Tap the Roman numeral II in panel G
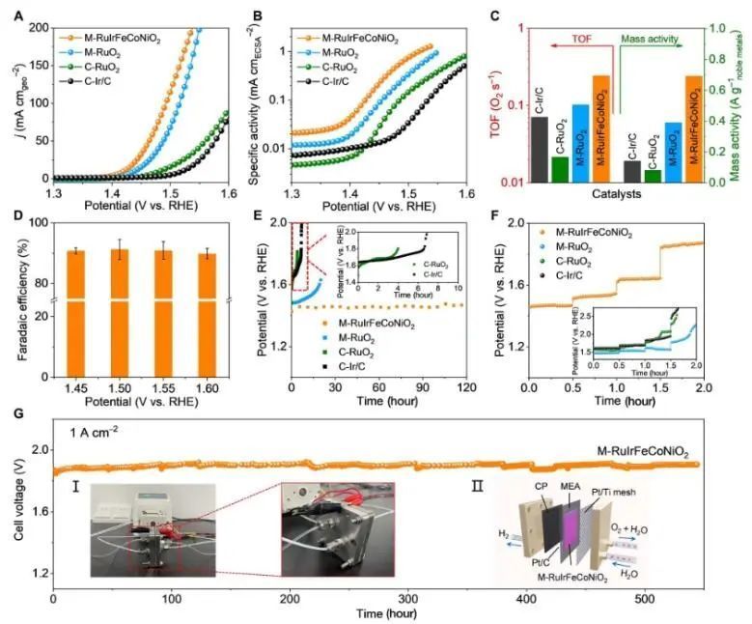pyautogui.click(x=480, y=486)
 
